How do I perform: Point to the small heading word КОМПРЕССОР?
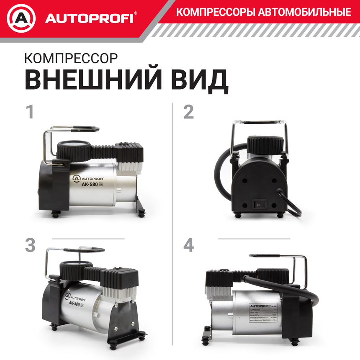[71, 58]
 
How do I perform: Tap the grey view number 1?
[29, 112]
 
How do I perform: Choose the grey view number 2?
[189, 112]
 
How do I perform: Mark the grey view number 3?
[30, 245]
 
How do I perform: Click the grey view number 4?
[189, 245]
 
